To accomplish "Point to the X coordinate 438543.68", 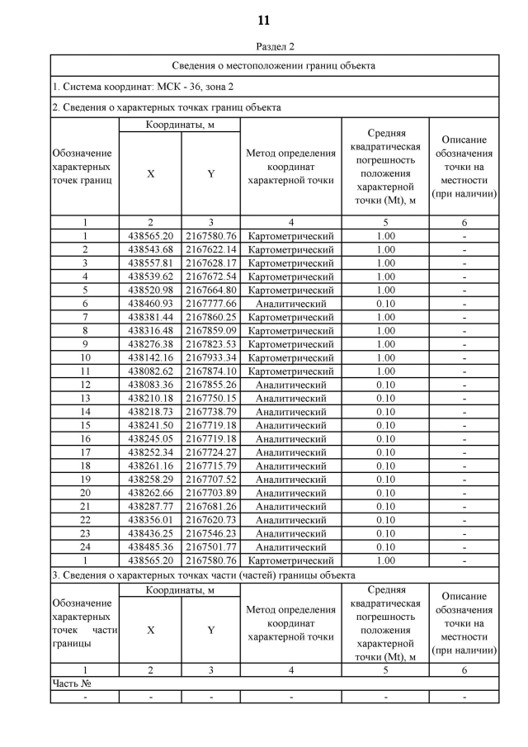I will pyautogui.click(x=150, y=249).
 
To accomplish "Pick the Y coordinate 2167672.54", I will pyautogui.click(x=210, y=277).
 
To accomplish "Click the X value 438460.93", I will pyautogui.click(x=150, y=303).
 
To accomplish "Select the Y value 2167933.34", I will pyautogui.click(x=210, y=357).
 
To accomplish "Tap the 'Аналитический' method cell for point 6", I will pyautogui.click(x=290, y=303).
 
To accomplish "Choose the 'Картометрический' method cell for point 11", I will pyautogui.click(x=290, y=371).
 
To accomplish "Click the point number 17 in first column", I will pyautogui.click(x=84, y=452).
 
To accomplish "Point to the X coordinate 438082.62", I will pyautogui.click(x=150, y=371).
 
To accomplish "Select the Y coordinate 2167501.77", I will pyautogui.click(x=210, y=546).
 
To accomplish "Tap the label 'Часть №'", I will pyautogui.click(x=71, y=683).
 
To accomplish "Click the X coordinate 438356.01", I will pyautogui.click(x=150, y=520).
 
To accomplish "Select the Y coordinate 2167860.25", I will pyautogui.click(x=210, y=317).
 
